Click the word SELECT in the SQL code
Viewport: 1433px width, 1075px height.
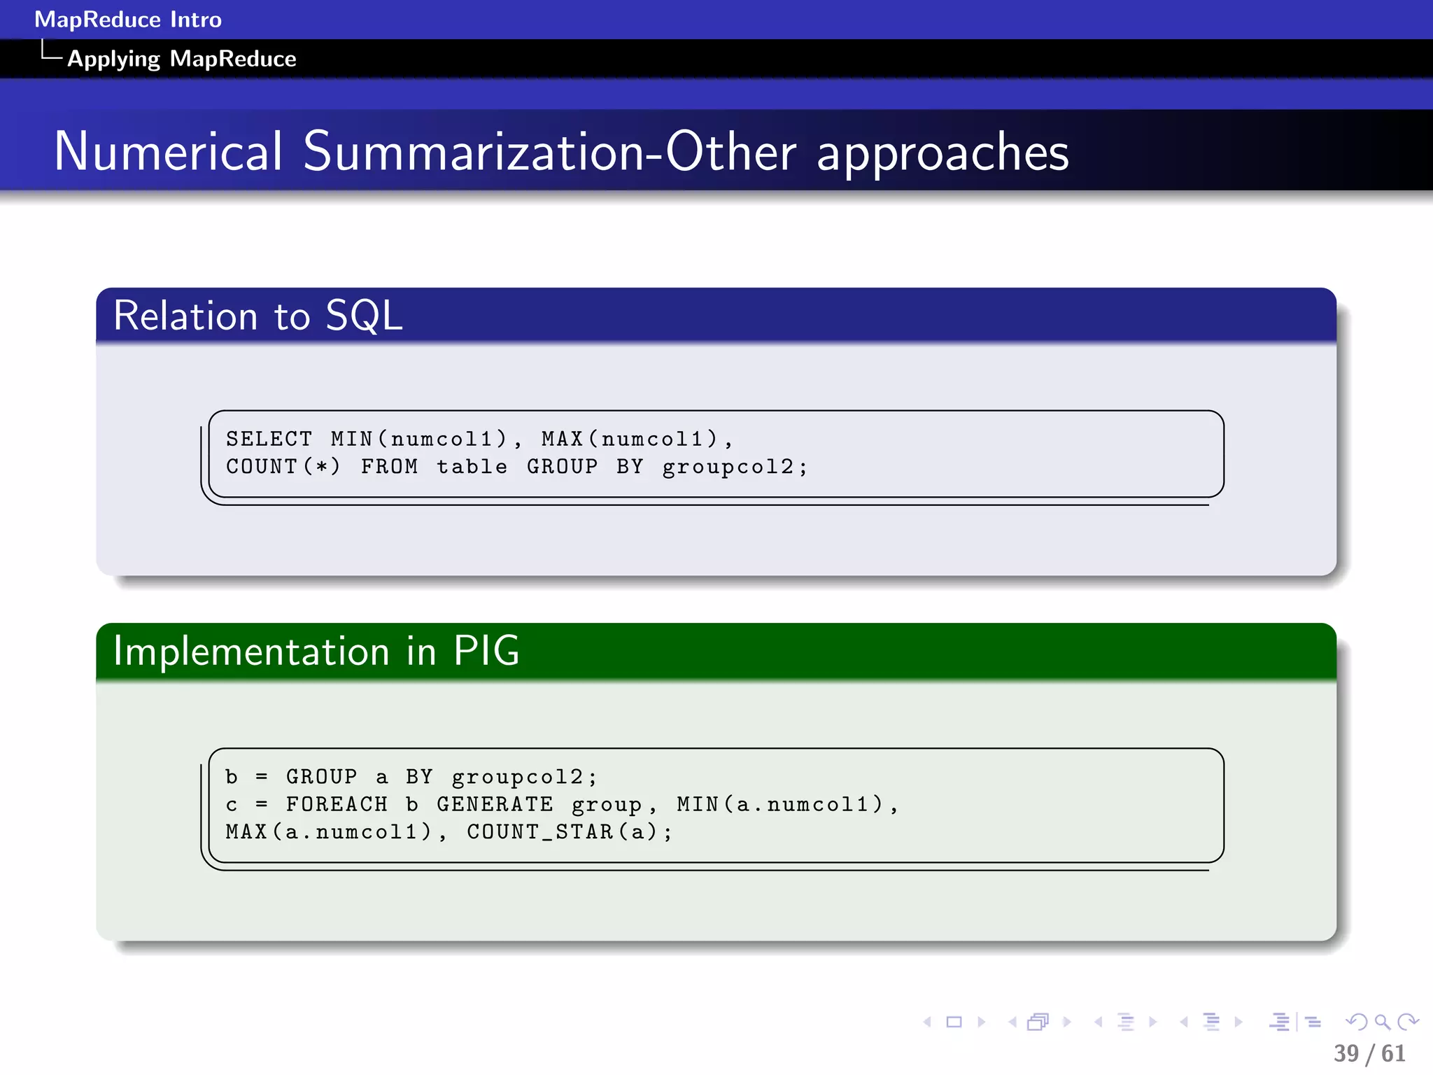pos(269,439)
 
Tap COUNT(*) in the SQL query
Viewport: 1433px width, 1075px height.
pos(283,466)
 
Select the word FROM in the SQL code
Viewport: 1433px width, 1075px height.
pos(389,466)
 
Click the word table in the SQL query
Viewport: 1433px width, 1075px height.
pos(472,466)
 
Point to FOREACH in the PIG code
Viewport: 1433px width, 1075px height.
pos(337,804)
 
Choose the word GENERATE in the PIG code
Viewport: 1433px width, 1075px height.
pos(495,804)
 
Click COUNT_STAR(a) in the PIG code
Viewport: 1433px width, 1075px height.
pos(570,831)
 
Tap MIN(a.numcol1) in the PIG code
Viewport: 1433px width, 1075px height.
pos(781,804)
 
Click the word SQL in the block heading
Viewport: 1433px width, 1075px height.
pos(364,316)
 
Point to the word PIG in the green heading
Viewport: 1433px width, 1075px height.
pos(486,651)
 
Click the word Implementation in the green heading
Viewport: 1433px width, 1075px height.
pos(251,651)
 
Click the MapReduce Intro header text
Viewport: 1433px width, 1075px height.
pos(128,19)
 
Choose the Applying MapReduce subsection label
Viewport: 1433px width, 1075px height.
pos(181,59)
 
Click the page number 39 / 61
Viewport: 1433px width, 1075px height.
pos(1369,1053)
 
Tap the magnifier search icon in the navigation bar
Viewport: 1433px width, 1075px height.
pos(1382,1022)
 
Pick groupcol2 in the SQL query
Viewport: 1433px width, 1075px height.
pos(728,467)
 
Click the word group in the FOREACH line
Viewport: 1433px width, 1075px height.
pos(606,805)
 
